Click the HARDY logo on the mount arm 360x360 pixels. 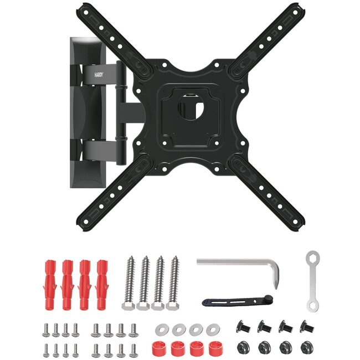[x=99, y=75]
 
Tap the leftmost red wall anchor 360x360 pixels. [x=50, y=285]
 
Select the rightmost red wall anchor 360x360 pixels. [x=102, y=285]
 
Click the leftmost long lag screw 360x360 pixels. [x=130, y=284]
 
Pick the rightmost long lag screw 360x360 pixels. [x=174, y=284]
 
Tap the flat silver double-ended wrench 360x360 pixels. [x=312, y=281]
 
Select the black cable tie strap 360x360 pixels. [x=238, y=301]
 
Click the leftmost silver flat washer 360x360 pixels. [x=162, y=330]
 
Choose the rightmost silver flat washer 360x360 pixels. [x=213, y=330]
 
